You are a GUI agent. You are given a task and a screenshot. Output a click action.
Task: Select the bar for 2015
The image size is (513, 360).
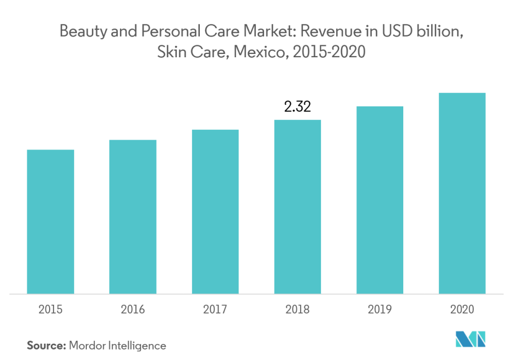tap(50, 221)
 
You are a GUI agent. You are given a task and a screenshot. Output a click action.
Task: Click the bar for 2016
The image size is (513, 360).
tap(133, 217)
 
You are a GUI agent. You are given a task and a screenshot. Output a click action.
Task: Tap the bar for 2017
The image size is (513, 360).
tap(215, 212)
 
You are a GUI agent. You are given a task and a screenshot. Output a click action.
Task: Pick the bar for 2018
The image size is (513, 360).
tap(297, 207)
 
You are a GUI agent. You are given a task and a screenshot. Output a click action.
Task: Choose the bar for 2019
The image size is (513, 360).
tap(380, 200)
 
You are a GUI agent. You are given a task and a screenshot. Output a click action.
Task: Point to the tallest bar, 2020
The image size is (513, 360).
tap(462, 193)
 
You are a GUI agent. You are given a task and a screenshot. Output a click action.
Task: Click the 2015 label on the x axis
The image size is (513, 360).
tap(50, 309)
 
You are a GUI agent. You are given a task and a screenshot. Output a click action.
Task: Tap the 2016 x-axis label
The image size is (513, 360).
tap(133, 309)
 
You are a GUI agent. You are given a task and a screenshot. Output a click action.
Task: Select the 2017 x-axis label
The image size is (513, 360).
tap(215, 309)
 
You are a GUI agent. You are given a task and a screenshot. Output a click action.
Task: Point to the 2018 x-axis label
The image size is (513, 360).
tap(297, 309)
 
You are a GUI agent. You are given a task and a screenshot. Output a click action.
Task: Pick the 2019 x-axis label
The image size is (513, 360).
tap(380, 309)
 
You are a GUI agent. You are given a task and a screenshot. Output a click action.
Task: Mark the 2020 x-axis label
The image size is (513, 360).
tap(462, 309)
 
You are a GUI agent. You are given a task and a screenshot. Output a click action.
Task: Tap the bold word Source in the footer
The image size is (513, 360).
tap(46, 345)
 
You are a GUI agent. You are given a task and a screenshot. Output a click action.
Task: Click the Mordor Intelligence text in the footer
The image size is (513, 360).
tap(117, 345)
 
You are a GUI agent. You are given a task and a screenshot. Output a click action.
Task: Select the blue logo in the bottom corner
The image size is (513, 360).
tap(470, 339)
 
